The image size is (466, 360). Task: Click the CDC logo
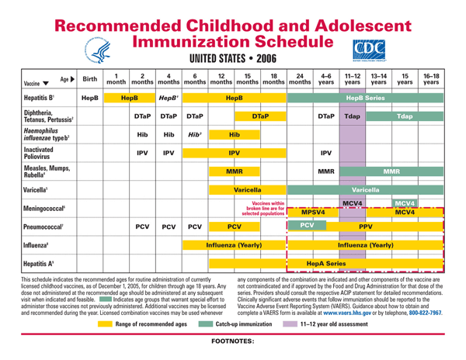(x=368, y=49)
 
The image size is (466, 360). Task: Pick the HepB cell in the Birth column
(x=89, y=99)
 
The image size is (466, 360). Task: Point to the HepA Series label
(x=326, y=264)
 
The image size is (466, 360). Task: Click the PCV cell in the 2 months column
(x=142, y=229)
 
